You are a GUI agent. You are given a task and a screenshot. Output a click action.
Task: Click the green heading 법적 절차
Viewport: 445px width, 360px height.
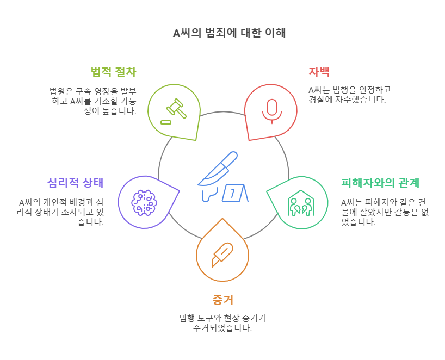113,72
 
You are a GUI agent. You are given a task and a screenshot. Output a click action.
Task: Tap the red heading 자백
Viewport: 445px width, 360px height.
319,72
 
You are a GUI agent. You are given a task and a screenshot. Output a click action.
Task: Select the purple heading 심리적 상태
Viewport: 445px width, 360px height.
75,183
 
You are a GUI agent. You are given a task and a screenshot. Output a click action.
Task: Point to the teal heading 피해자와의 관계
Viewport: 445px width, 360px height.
380,183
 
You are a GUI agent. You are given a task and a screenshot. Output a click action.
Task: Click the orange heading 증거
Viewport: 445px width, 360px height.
222,300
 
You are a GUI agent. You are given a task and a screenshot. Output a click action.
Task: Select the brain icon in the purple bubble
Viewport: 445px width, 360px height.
144,202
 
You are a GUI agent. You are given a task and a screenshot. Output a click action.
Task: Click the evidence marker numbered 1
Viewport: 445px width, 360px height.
234,193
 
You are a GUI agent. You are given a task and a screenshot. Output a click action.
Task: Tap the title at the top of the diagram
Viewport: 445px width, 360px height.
229,33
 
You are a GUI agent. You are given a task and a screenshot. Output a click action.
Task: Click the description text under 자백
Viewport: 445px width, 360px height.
349,95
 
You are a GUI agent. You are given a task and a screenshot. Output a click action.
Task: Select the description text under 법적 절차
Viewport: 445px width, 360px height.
93,101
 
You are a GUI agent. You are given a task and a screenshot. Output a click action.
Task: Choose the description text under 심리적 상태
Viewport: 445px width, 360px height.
61,212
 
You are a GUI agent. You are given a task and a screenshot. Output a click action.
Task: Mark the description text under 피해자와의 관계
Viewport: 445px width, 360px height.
384,212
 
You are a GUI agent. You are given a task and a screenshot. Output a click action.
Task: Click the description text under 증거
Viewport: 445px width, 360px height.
222,322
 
